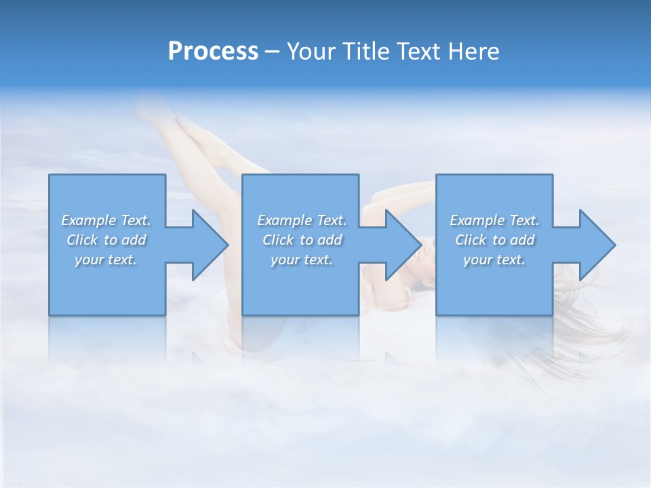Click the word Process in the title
coord(213,52)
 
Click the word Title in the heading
coord(362,52)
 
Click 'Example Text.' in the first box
coord(106,220)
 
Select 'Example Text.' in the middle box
coord(301,220)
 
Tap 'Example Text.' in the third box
coord(494,220)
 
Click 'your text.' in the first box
coord(106,260)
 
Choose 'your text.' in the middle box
coord(301,260)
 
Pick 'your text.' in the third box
coord(494,260)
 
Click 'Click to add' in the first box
coord(106,240)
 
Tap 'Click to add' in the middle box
coord(301,240)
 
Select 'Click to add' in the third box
coord(494,240)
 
